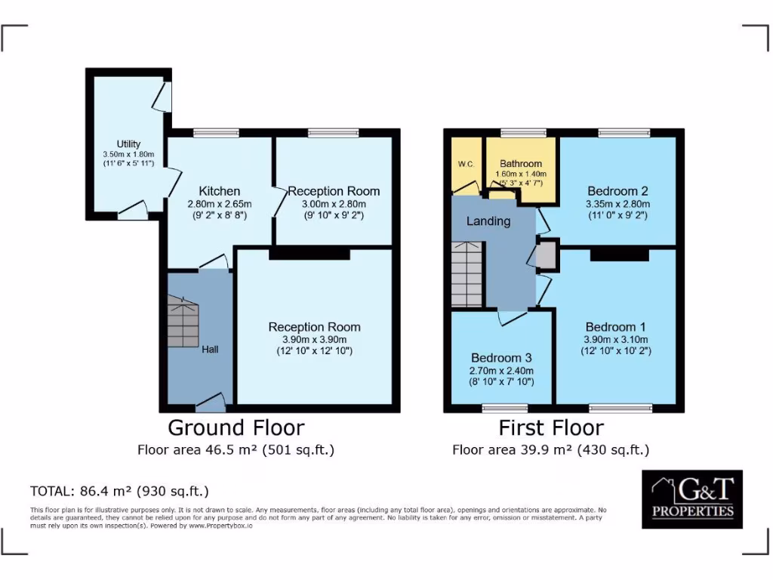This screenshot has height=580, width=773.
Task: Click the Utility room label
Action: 128,144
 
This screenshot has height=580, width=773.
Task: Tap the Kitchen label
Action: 220,191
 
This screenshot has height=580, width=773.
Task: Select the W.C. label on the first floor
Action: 465,163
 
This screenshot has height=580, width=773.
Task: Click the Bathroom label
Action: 521,163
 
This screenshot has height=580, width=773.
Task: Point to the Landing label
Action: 488,221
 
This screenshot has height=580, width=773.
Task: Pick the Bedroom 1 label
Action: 615,327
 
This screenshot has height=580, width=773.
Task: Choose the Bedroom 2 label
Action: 617,191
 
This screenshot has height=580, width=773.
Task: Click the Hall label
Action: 210,350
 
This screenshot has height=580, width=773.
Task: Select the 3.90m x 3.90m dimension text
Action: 314,339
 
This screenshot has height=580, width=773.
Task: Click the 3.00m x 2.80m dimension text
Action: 333,204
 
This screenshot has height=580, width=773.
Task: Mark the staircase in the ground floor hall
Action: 183,320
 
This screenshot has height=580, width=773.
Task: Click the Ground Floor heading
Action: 236,427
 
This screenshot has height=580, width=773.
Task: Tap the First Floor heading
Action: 551,427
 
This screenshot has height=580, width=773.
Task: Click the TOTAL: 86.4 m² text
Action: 119,491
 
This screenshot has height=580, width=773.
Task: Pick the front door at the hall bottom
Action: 211,404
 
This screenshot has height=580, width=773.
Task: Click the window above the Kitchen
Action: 216,133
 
